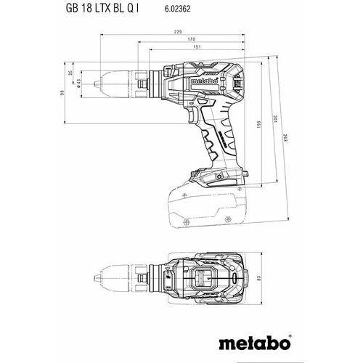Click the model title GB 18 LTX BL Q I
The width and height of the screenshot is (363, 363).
102,9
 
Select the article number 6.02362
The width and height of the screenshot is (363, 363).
177,9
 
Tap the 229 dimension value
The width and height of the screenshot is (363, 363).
178,31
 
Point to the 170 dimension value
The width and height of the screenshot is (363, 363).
191,39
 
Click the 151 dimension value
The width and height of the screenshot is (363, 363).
197,47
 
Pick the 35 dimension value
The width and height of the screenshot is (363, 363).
70,73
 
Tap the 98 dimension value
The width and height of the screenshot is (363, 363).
62,92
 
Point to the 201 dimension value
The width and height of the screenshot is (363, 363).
275,119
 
